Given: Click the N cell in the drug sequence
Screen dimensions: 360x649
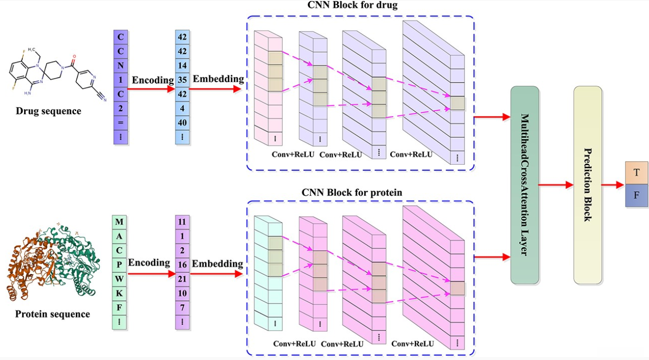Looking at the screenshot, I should [x=121, y=64].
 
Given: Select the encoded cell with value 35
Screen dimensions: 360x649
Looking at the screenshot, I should [x=182, y=79].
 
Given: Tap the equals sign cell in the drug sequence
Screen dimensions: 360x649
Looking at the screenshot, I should [x=121, y=122].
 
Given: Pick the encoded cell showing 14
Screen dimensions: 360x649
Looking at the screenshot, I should [x=182, y=64].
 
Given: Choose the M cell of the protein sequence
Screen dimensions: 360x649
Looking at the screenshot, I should [x=119, y=222].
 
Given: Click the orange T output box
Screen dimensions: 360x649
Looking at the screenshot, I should [x=636, y=173].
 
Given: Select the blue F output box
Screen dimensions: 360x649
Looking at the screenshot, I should [x=636, y=195].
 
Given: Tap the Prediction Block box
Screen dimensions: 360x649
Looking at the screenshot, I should [x=587, y=185].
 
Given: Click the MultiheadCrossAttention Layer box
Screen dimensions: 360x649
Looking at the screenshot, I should [x=525, y=185].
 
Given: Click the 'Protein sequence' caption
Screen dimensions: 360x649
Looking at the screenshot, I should [x=52, y=314].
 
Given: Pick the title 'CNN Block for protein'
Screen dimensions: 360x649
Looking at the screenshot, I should [x=352, y=192].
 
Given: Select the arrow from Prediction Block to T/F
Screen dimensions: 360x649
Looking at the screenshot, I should [x=613, y=185].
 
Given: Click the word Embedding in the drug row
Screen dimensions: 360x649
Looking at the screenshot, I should [x=218, y=79].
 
